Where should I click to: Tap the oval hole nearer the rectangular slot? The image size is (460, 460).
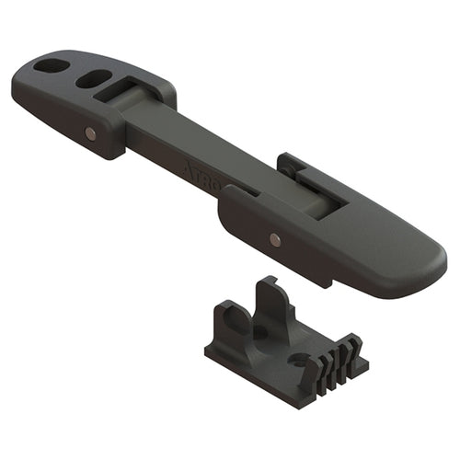click(93, 79)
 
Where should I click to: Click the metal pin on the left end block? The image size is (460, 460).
click(89, 133)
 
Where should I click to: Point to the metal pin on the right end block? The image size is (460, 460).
click(275, 239)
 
